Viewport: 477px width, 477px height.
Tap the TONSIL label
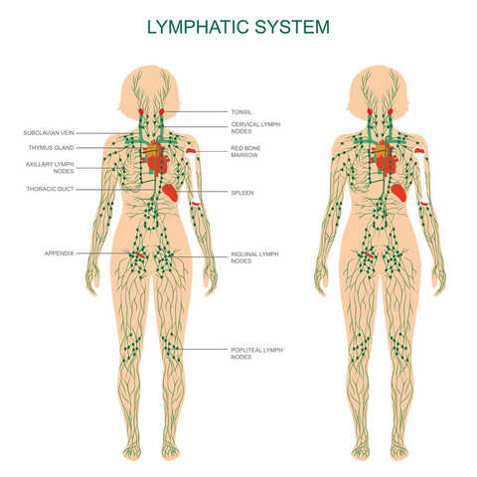coord(241,112)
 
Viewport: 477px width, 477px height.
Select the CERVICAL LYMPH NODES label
coord(255,128)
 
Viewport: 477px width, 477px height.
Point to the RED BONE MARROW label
coord(245,151)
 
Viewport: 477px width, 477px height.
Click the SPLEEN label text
coord(242,193)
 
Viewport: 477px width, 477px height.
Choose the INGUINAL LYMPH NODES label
coord(254,257)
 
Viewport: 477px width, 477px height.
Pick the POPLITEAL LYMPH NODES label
coord(256,353)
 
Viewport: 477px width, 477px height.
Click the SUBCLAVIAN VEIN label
coord(49,133)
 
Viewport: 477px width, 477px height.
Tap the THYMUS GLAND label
coord(52,148)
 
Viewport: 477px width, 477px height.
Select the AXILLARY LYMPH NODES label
coord(50,168)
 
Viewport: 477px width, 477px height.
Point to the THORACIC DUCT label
coord(50,189)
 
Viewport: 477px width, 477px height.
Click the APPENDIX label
coord(60,253)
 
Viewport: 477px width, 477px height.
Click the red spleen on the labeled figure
coord(171,193)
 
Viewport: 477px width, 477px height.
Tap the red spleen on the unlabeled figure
coord(398,193)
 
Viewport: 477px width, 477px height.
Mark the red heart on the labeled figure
coord(156,159)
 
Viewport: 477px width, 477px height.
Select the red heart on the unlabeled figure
coord(385,159)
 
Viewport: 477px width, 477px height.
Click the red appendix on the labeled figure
coord(139,254)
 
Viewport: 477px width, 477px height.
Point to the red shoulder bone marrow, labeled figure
coord(192,151)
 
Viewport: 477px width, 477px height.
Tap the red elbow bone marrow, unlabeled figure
coord(424,203)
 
